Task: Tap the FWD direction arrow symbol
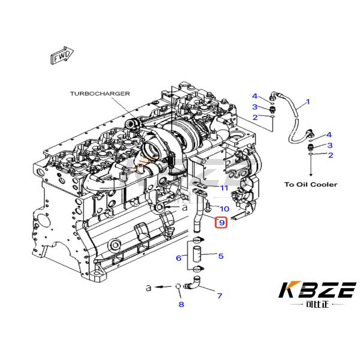pos(60,58)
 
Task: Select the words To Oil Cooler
pos(311,184)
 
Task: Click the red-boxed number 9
pos(221,223)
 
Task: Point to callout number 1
pos(308,102)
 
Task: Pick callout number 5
pos(221,257)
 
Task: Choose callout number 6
pos(178,258)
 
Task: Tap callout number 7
pos(220,296)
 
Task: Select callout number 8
pos(181,305)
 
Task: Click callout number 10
pos(224,209)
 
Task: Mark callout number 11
pos(224,188)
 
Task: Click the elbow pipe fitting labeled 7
pos(194,286)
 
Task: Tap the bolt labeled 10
pos(206,208)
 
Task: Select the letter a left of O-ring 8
pos(148,288)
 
